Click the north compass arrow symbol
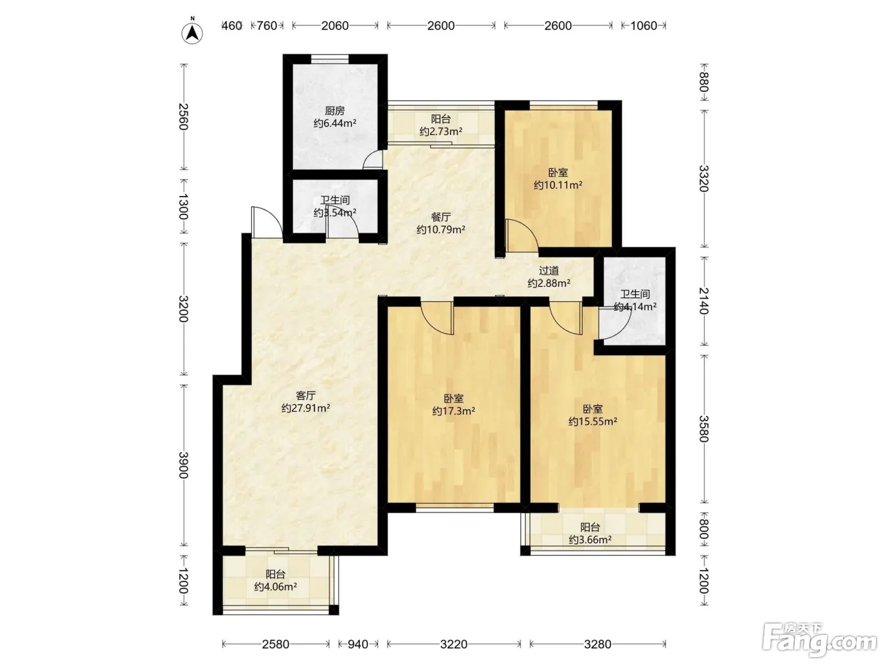192,32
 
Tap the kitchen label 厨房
335,110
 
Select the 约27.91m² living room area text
306,408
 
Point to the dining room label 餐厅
441,217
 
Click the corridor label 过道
549,270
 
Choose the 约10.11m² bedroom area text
558,185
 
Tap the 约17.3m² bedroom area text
454,411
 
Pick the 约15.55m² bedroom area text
592,422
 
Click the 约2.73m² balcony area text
441,131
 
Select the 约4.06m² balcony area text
275,587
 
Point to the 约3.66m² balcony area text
591,540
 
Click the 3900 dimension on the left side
184,465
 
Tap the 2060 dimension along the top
335,26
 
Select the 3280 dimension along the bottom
598,644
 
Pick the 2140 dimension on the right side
704,301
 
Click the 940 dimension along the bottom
358,644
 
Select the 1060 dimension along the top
644,26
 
